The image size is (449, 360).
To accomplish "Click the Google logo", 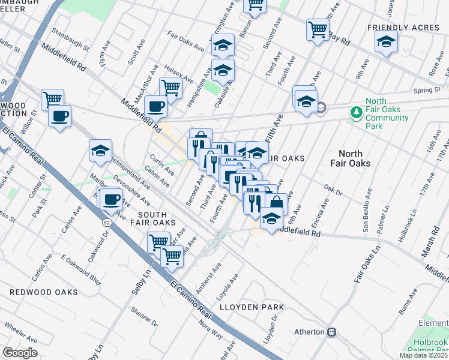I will [x=20, y=353].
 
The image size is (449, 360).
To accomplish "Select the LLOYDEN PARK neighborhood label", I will [x=251, y=307].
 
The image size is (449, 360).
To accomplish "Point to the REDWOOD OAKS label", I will [x=44, y=292].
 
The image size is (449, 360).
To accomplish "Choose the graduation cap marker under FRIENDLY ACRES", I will [x=385, y=41].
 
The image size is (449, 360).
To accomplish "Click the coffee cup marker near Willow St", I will [x=59, y=116].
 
